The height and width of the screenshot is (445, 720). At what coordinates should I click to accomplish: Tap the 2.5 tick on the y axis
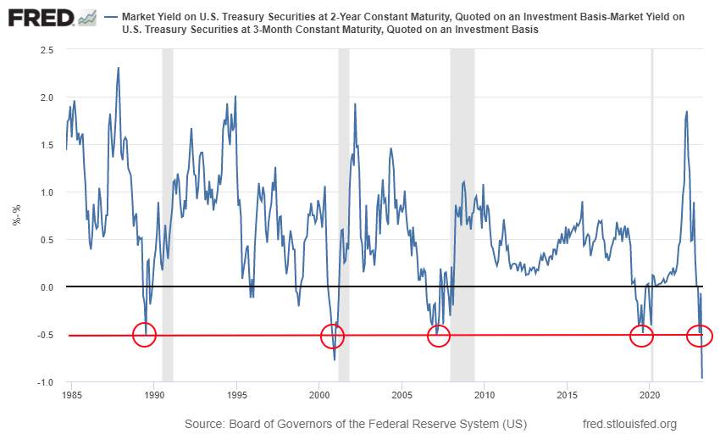click(x=47, y=50)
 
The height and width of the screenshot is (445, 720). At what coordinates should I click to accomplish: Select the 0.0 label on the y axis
click(x=47, y=287)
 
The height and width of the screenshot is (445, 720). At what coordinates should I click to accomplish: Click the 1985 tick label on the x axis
click(x=72, y=395)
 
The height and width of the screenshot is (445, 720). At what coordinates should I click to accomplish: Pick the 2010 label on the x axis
click(x=485, y=395)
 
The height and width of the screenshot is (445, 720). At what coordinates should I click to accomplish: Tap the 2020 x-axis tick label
click(x=650, y=395)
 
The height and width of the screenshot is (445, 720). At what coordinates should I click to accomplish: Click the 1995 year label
click(x=237, y=395)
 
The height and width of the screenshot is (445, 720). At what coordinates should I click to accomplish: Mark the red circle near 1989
click(x=146, y=335)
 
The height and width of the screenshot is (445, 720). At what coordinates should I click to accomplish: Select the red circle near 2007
click(x=438, y=336)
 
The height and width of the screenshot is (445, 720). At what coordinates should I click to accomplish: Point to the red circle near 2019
click(x=642, y=336)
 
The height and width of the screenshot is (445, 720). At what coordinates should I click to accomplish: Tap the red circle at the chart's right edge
click(x=701, y=336)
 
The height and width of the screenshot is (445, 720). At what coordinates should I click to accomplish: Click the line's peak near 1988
click(x=119, y=68)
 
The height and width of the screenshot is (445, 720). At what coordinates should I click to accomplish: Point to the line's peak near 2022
click(x=686, y=112)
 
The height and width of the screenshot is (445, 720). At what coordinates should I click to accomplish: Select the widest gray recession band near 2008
click(x=462, y=212)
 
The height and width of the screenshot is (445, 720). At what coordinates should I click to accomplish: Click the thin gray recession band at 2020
click(x=652, y=212)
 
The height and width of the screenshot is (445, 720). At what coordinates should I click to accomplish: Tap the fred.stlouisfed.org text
click(x=630, y=424)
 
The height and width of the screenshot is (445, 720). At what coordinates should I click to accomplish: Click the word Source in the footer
click(x=208, y=424)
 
